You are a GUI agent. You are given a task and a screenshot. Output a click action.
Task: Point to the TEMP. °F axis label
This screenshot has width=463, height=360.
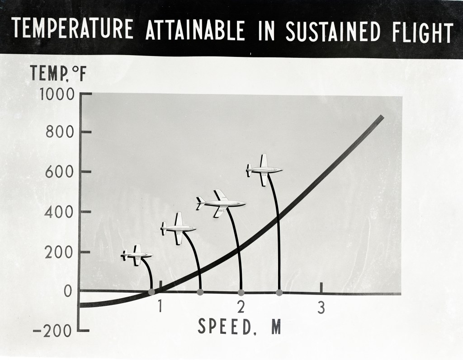58,74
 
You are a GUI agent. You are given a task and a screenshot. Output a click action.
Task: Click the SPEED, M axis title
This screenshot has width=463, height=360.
239,327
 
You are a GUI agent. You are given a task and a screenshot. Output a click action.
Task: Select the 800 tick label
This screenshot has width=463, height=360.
61,132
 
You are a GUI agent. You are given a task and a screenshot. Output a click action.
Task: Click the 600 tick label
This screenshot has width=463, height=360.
61,172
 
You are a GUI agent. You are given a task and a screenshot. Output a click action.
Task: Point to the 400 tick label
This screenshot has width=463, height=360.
61,212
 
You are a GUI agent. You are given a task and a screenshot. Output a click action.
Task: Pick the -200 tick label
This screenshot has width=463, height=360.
52,332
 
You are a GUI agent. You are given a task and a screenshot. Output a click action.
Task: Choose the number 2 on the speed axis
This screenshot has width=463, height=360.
241,308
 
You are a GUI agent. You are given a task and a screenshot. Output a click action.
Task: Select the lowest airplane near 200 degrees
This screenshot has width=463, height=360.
137,255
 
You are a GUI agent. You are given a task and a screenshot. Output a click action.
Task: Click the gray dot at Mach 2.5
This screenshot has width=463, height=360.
279,293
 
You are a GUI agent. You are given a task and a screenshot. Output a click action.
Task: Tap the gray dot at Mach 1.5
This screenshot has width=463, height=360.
200,292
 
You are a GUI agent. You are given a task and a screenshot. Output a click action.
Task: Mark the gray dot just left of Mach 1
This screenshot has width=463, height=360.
151,292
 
